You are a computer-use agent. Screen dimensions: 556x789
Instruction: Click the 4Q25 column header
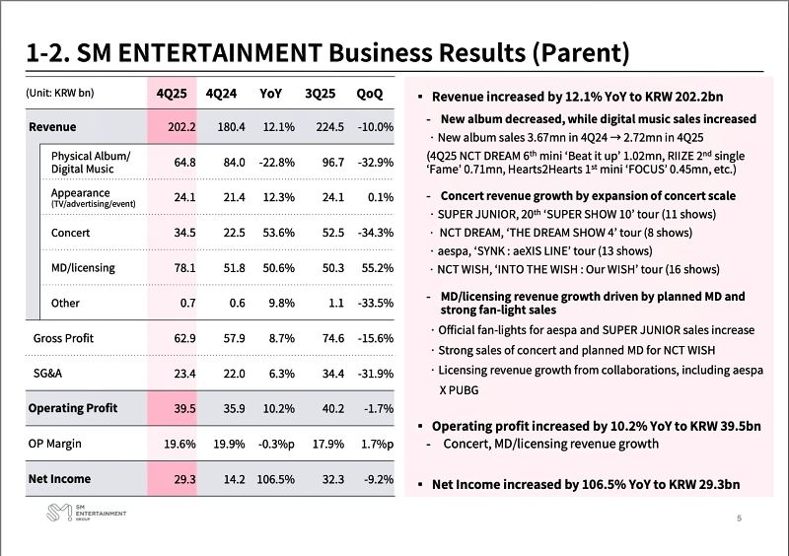click(174, 94)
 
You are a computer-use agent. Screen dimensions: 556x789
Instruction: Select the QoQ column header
click(370, 94)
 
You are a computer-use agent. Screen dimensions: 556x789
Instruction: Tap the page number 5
click(740, 519)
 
